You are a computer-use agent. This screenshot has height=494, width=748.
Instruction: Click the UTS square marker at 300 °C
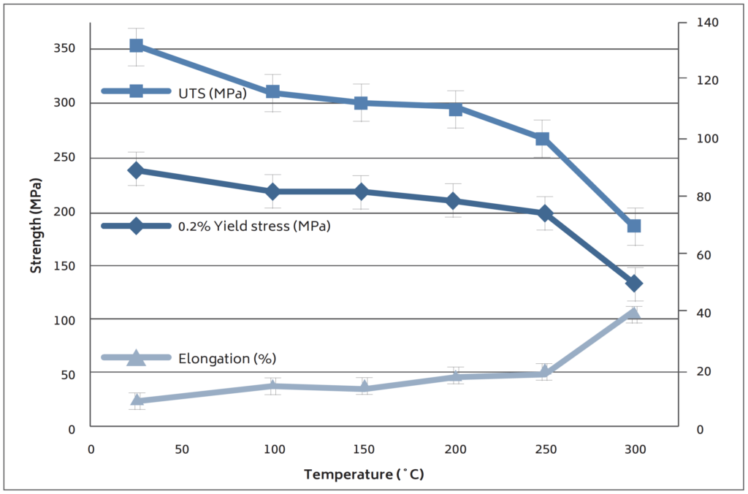[634, 226]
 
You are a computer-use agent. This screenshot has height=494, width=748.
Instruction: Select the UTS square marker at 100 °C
[272, 92]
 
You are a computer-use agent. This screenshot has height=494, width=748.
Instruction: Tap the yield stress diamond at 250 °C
[544, 213]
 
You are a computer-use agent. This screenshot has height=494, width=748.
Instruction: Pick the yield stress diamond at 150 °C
[362, 191]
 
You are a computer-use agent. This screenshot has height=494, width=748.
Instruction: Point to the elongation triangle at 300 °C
[633, 314]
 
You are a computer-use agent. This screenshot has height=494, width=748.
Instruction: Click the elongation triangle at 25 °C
[137, 399]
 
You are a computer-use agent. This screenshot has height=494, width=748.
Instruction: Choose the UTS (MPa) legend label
[212, 92]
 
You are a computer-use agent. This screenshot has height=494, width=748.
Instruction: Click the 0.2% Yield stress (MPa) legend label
[254, 227]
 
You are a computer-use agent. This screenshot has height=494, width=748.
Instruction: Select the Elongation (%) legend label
[226, 359]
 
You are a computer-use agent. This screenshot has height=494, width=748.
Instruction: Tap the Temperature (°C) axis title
[364, 474]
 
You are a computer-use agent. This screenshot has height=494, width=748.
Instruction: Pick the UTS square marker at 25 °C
[136, 46]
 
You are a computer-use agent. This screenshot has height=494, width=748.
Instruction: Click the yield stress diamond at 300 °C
[633, 284]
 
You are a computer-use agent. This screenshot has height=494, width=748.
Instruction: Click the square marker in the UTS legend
[136, 91]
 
